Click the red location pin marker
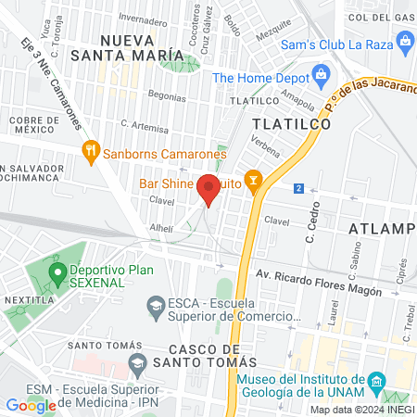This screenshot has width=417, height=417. point(209,188)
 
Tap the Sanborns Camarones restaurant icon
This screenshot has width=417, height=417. point(91,152)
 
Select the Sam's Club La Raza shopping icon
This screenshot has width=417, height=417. point(404,41)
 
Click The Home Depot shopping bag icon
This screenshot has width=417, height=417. point(321,73)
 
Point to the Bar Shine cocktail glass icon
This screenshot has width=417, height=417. point(251,178)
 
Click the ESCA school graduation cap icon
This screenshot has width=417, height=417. point(156,304)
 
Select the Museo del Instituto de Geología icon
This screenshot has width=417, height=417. point(375,382)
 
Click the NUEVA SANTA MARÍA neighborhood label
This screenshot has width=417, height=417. point(141,47)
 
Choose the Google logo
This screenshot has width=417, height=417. point(31,405)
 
